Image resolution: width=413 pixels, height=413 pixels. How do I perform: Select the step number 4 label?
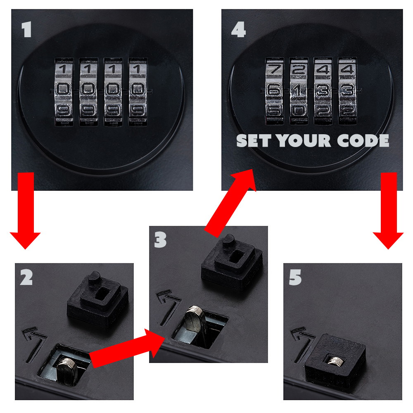(x=237, y=30)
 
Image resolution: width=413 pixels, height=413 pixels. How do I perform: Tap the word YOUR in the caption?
(x=304, y=141)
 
